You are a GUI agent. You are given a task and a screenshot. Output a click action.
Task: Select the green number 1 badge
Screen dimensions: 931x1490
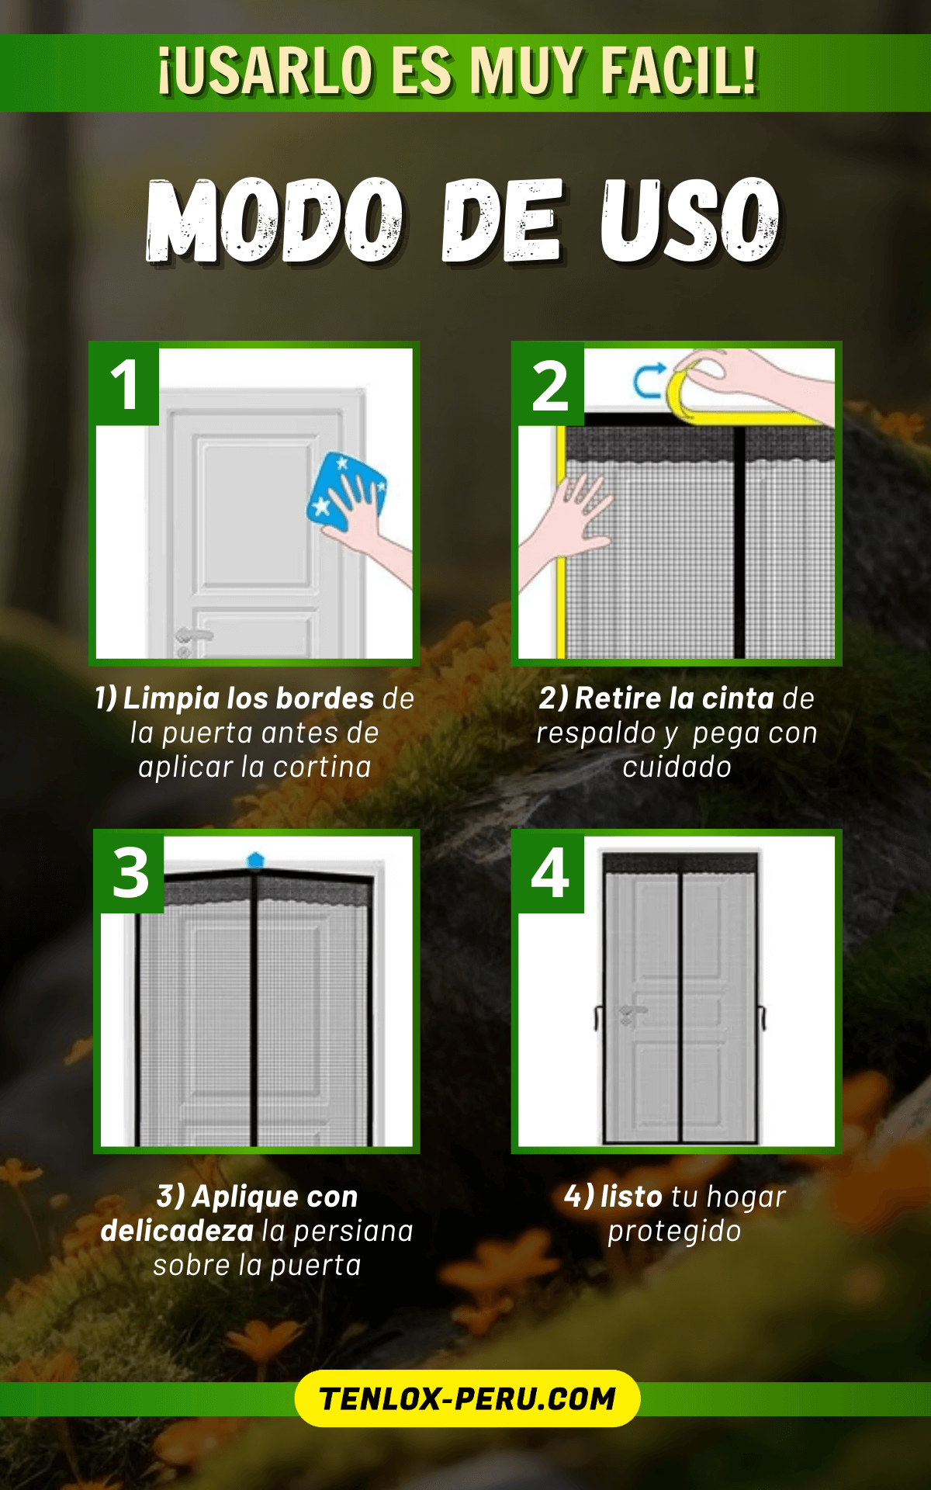(x=125, y=384)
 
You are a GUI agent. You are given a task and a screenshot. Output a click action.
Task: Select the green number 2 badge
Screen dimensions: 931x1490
(x=549, y=384)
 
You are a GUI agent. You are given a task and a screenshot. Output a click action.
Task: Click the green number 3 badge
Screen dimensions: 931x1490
(x=130, y=872)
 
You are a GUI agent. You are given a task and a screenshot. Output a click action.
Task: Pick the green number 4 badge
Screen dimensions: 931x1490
(x=549, y=872)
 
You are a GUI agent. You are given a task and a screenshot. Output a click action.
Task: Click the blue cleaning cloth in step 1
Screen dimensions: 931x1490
(x=347, y=491)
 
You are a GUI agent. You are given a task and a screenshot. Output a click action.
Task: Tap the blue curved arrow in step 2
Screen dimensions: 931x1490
(x=647, y=380)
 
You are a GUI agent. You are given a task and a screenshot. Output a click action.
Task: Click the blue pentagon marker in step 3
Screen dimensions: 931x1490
(x=255, y=860)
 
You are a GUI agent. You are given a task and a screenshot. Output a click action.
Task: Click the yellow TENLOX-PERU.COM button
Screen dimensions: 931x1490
(x=467, y=1398)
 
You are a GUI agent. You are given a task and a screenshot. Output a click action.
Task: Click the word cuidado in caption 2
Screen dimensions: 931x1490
(x=677, y=767)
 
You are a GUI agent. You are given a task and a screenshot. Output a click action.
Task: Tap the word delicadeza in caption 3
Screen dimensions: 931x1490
(x=177, y=1231)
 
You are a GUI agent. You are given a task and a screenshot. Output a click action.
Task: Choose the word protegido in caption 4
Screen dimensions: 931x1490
(x=674, y=1232)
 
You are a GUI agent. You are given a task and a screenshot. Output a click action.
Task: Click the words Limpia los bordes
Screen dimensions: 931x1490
(x=248, y=698)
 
